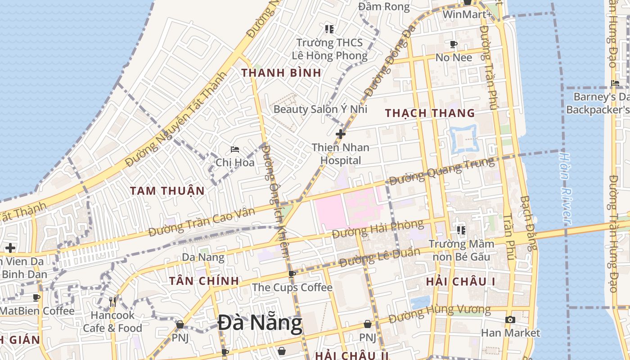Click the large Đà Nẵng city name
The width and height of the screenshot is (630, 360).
pos(260,324)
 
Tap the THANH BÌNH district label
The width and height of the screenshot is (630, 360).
pos(281,72)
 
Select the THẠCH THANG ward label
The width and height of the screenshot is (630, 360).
pos(430,113)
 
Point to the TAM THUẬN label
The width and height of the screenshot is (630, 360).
pos(167,190)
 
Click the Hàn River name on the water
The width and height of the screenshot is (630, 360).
pos(566,188)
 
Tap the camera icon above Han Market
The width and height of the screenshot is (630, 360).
pos(510,319)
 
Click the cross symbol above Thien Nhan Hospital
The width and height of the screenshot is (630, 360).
pos(341,134)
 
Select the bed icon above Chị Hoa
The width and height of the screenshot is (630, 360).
pos(234,149)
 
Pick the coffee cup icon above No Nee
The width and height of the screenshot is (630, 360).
pos(454,44)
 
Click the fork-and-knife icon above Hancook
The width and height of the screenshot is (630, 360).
pos(112,301)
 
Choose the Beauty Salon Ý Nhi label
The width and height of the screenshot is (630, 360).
pos(320,109)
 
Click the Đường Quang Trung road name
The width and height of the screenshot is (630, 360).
pos(441,171)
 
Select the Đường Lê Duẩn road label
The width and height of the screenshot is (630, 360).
pos(380,257)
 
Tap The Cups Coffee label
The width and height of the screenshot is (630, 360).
pos(292,287)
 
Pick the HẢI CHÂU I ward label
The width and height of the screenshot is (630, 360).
pos(460,282)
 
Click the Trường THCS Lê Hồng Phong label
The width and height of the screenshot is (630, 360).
pos(329,49)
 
